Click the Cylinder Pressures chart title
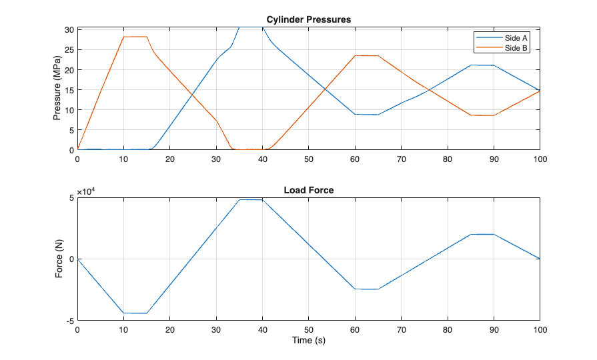coord(308,19)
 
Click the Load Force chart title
coord(308,190)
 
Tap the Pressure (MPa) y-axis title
coord(57,89)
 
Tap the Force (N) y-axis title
coord(59,259)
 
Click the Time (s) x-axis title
coord(308,341)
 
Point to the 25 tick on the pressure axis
coord(69,50)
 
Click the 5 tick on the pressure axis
coord(71,130)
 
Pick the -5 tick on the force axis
coord(70,321)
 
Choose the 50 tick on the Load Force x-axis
coord(308,330)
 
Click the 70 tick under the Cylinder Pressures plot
coord(401,159)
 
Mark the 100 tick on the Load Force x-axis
coord(540,330)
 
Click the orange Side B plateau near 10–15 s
coord(135,37)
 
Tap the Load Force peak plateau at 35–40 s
coord(251,199)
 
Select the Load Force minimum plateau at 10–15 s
coord(135,313)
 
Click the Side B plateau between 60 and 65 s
coord(366,55)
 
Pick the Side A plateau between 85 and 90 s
coord(482,65)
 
